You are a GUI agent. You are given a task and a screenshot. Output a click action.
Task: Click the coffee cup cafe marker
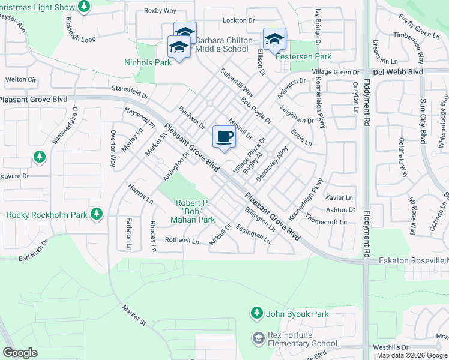[x=224, y=137]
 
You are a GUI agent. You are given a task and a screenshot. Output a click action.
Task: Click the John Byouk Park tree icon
[x=257, y=313]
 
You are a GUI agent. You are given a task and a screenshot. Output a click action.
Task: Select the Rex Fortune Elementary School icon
[x=258, y=339]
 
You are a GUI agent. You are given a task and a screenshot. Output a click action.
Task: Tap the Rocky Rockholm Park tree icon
[x=96, y=214]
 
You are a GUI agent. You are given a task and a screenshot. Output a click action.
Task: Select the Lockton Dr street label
[x=235, y=20]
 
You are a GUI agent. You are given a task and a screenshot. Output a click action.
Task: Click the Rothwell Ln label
[x=182, y=241]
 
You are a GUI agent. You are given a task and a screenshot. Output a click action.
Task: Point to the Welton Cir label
[x=21, y=79]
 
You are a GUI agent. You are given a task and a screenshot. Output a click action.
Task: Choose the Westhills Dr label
[x=390, y=347]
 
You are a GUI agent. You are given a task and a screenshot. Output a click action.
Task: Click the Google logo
[x=20, y=353]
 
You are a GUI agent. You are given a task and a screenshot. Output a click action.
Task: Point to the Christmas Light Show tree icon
[x=84, y=7]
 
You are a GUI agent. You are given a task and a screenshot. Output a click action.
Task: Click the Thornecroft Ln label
[x=326, y=220]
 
